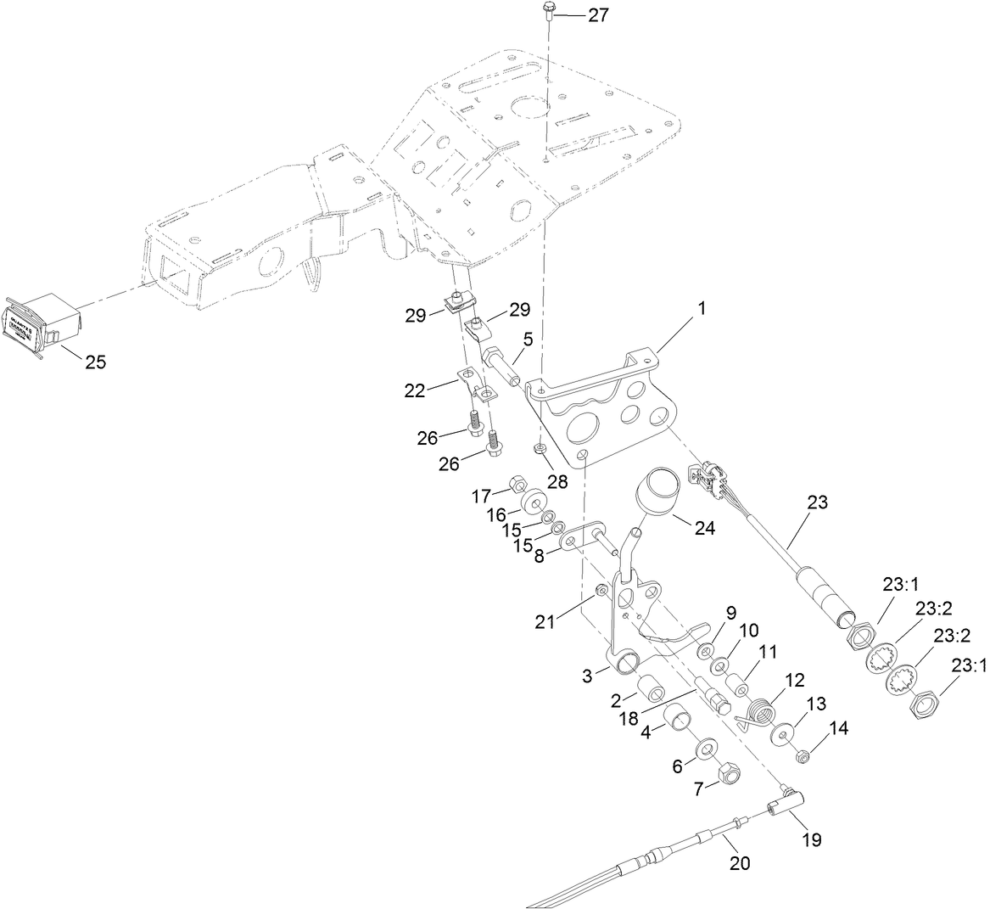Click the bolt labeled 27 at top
[x=546, y=13]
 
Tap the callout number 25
[x=95, y=362]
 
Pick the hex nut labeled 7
[x=728, y=773]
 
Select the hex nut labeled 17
[x=514, y=486]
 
